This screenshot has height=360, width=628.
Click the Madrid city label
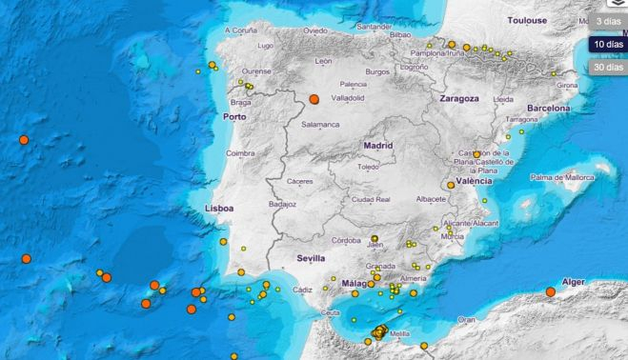pyautogui.click(x=377, y=146)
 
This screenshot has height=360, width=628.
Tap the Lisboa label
pyautogui.click(x=218, y=208)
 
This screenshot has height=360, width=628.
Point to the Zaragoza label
pyautogui.click(x=457, y=98)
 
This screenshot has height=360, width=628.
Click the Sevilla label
pyautogui.click(x=311, y=258)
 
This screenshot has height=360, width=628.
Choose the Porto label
pyautogui.click(x=233, y=116)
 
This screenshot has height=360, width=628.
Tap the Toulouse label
pyautogui.click(x=527, y=19)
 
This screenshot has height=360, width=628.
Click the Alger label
pyautogui.click(x=574, y=282)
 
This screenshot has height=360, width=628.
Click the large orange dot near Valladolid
pyautogui.click(x=314, y=98)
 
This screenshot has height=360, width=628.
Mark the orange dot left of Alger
pyautogui.click(x=550, y=291)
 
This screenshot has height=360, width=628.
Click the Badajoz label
pyautogui.click(x=283, y=204)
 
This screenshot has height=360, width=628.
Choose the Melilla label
pyautogui.click(x=401, y=334)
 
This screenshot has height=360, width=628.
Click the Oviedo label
pyautogui.click(x=314, y=30)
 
